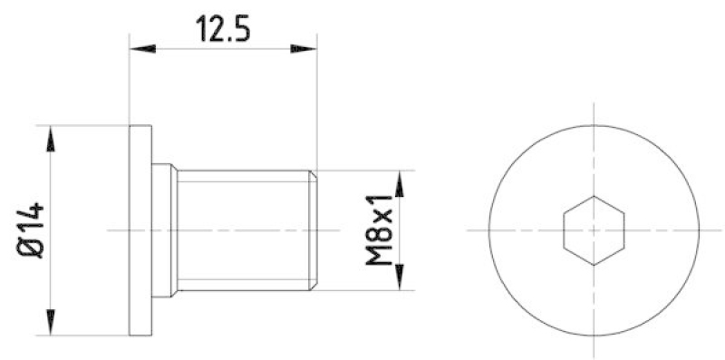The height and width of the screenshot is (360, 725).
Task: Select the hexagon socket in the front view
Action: [x=594, y=229]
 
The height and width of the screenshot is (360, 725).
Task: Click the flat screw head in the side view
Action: [x=141, y=229]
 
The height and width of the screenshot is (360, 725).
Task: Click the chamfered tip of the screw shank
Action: [x=314, y=229]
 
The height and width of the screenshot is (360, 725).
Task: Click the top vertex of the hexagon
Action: [x=594, y=196]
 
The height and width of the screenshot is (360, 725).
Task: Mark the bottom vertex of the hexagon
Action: [x=594, y=264]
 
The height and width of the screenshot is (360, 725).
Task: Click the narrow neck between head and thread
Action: [x=163, y=229]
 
